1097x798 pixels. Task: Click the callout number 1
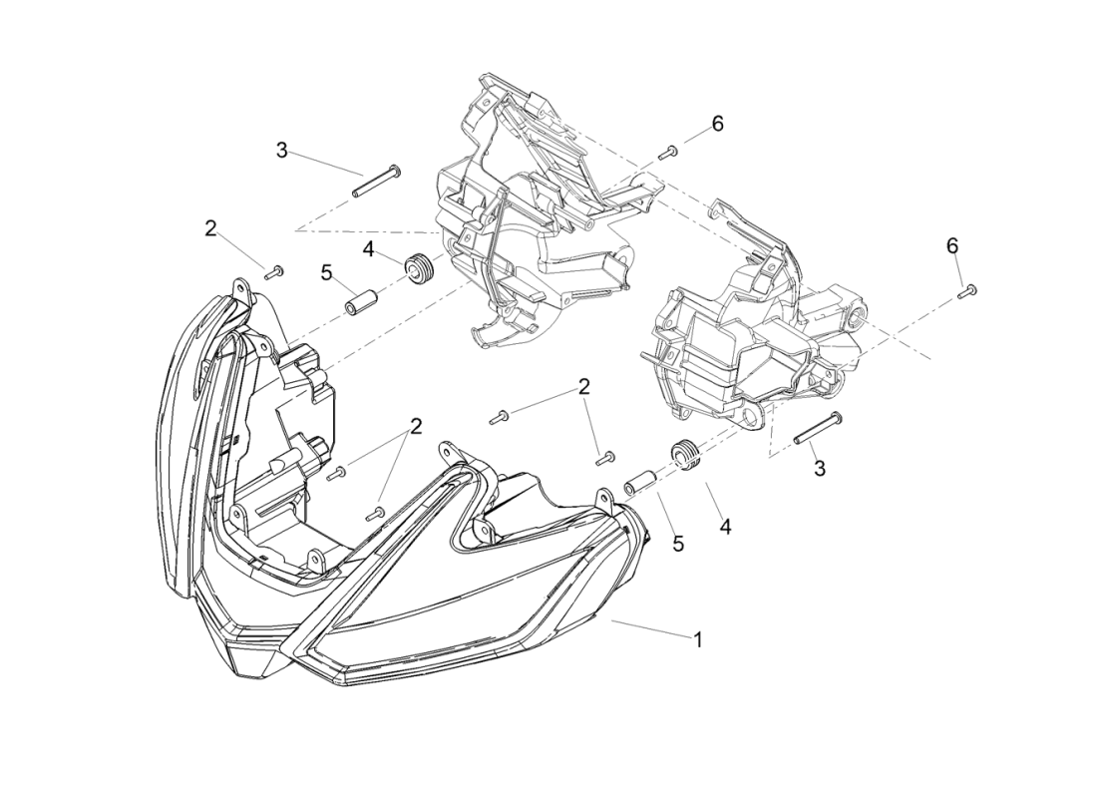pyautogui.click(x=698, y=639)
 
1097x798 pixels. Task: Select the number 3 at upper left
pyautogui.click(x=282, y=151)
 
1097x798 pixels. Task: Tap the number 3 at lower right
pyautogui.click(x=820, y=468)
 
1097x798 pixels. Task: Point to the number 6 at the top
pyautogui.click(x=717, y=124)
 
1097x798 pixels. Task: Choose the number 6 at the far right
pyautogui.click(x=952, y=245)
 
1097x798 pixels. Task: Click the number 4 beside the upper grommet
pyautogui.click(x=368, y=248)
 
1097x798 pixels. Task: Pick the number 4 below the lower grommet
pyautogui.click(x=725, y=526)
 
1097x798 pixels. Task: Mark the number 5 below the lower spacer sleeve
pyautogui.click(x=678, y=544)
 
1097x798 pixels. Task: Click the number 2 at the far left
pyautogui.click(x=210, y=228)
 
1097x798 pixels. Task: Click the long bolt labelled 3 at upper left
pyautogui.click(x=375, y=182)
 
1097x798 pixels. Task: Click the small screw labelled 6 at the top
pyautogui.click(x=668, y=153)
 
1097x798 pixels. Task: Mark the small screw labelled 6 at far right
pyautogui.click(x=967, y=291)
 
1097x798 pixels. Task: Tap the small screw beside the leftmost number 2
pyautogui.click(x=273, y=270)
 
